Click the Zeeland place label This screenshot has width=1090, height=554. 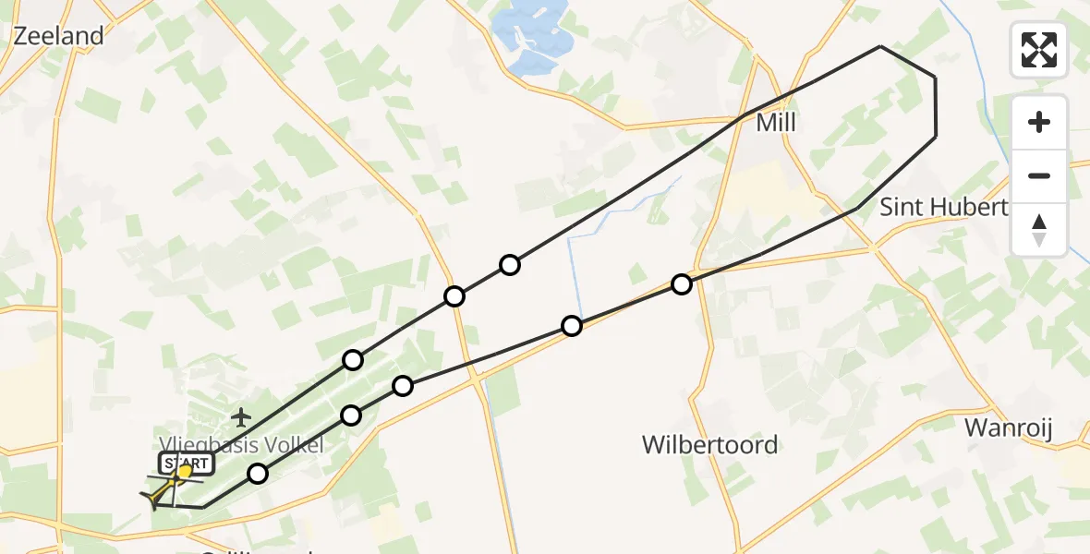pos(57,36)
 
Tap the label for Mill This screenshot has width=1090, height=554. pos(776,123)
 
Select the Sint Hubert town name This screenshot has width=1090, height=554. pos(943,207)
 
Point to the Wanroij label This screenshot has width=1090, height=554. pos(1009,428)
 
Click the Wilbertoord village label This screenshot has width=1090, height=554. pos(709,445)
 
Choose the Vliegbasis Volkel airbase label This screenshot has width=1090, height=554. pos(242,445)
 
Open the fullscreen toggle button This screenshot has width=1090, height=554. pos(1039,50)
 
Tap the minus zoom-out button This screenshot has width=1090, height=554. pos(1039,175)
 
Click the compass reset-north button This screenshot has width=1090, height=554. pos(1039,229)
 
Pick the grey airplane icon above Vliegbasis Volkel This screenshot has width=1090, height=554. pos(241,416)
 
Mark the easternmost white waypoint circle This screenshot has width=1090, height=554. pos(682,284)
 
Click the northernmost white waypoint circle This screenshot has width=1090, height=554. pos(510,266)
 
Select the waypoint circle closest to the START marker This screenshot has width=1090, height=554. pos(258,474)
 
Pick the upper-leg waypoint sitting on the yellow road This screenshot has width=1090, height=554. pos(454,296)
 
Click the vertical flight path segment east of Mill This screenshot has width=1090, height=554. pos(936,107)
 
